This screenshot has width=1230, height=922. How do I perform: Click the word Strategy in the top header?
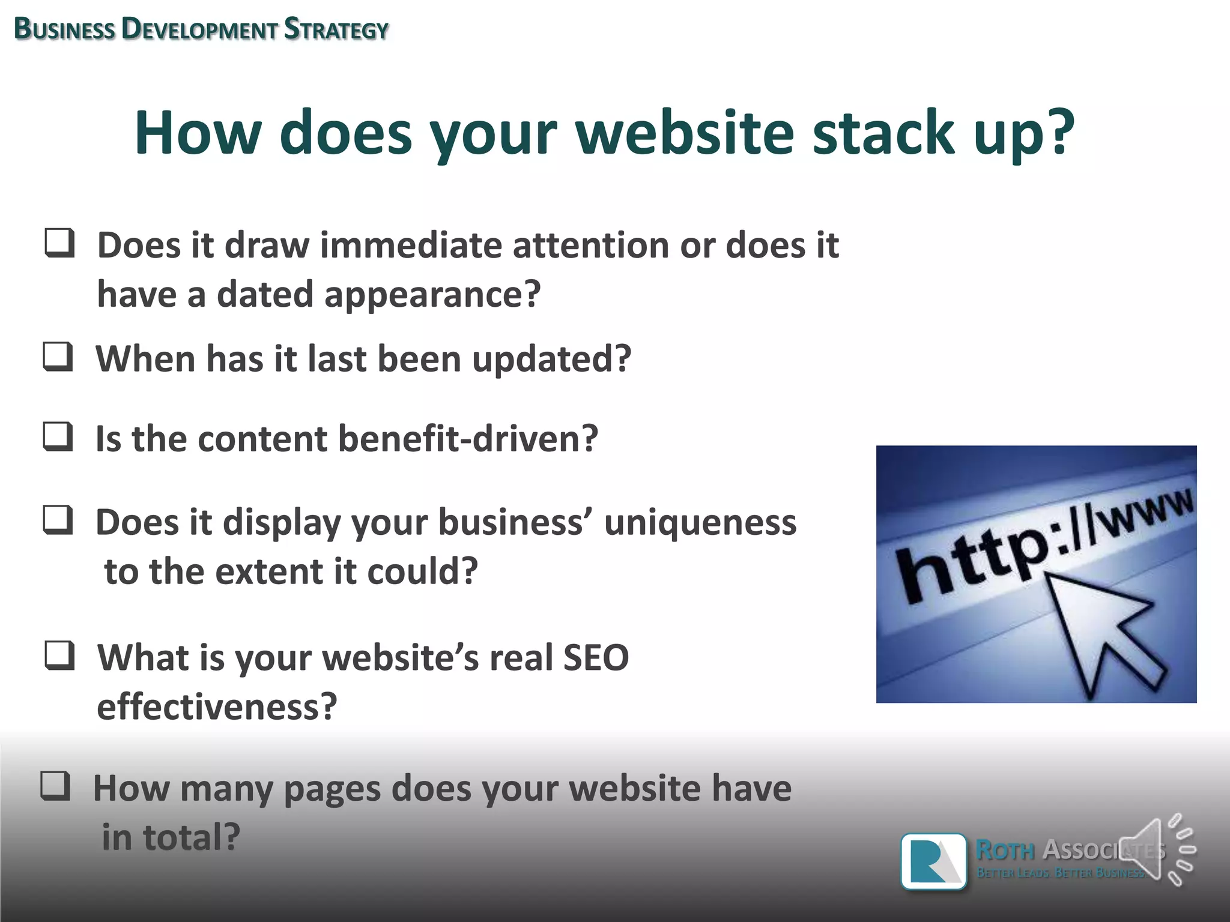point(336,29)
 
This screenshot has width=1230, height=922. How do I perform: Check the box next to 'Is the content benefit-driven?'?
point(58,436)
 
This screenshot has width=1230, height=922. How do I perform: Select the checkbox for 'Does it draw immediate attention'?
point(60,243)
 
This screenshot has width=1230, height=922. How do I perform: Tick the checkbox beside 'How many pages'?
point(56,786)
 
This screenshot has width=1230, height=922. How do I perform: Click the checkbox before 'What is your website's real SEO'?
point(60,655)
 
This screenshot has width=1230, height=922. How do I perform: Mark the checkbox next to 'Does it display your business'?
point(58,520)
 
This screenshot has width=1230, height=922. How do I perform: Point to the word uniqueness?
point(700,522)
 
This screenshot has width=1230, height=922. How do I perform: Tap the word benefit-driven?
point(468,439)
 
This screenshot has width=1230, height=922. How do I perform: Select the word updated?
point(551,360)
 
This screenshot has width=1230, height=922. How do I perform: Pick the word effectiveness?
point(217,707)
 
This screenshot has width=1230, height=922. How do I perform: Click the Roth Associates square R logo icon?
point(933,861)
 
